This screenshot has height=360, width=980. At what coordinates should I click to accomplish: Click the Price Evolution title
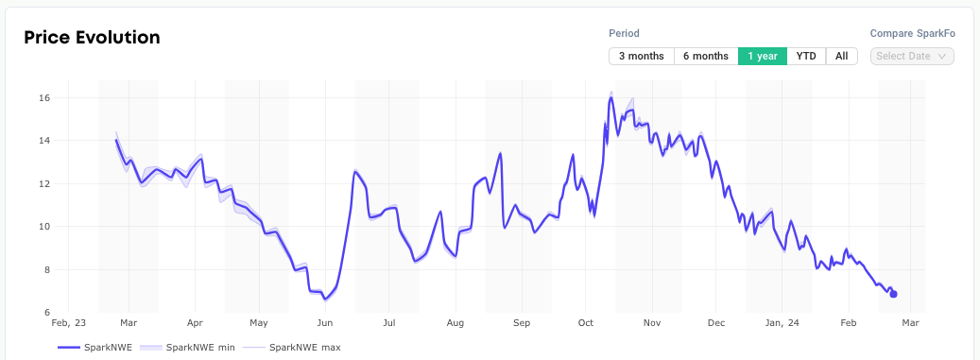[x=92, y=38]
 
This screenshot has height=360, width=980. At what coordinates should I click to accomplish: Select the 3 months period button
[x=641, y=56]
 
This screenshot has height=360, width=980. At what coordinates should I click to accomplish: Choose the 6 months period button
[x=706, y=56]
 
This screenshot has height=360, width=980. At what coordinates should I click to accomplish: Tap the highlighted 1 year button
[x=762, y=56]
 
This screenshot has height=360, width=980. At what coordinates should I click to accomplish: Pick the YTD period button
[x=806, y=56]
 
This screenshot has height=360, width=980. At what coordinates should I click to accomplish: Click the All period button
[x=841, y=56]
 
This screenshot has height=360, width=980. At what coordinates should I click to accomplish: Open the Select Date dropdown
[x=912, y=56]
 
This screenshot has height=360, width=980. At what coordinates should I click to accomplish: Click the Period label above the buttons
[x=624, y=33]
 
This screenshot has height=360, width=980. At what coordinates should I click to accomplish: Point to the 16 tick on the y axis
[x=44, y=98]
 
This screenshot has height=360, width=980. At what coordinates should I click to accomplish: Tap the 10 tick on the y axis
[x=44, y=227]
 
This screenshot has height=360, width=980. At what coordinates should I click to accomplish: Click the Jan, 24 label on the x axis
[x=782, y=322]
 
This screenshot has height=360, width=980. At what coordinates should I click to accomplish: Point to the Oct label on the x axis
[x=586, y=322]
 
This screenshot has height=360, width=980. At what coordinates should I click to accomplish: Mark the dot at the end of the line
[x=893, y=294]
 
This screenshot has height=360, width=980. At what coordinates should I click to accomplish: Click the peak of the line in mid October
[x=611, y=98]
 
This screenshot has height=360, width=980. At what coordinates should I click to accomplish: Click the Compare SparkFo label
[x=912, y=33]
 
